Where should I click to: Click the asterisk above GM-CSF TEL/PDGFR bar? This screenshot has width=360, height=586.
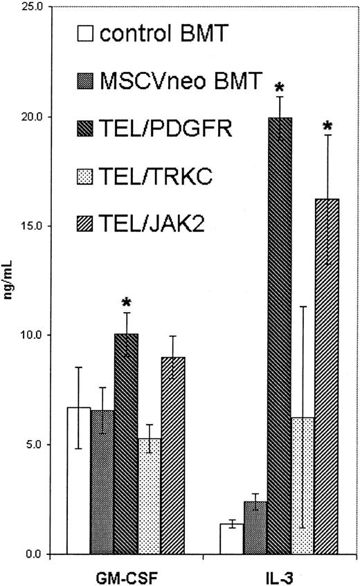point(126,303)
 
